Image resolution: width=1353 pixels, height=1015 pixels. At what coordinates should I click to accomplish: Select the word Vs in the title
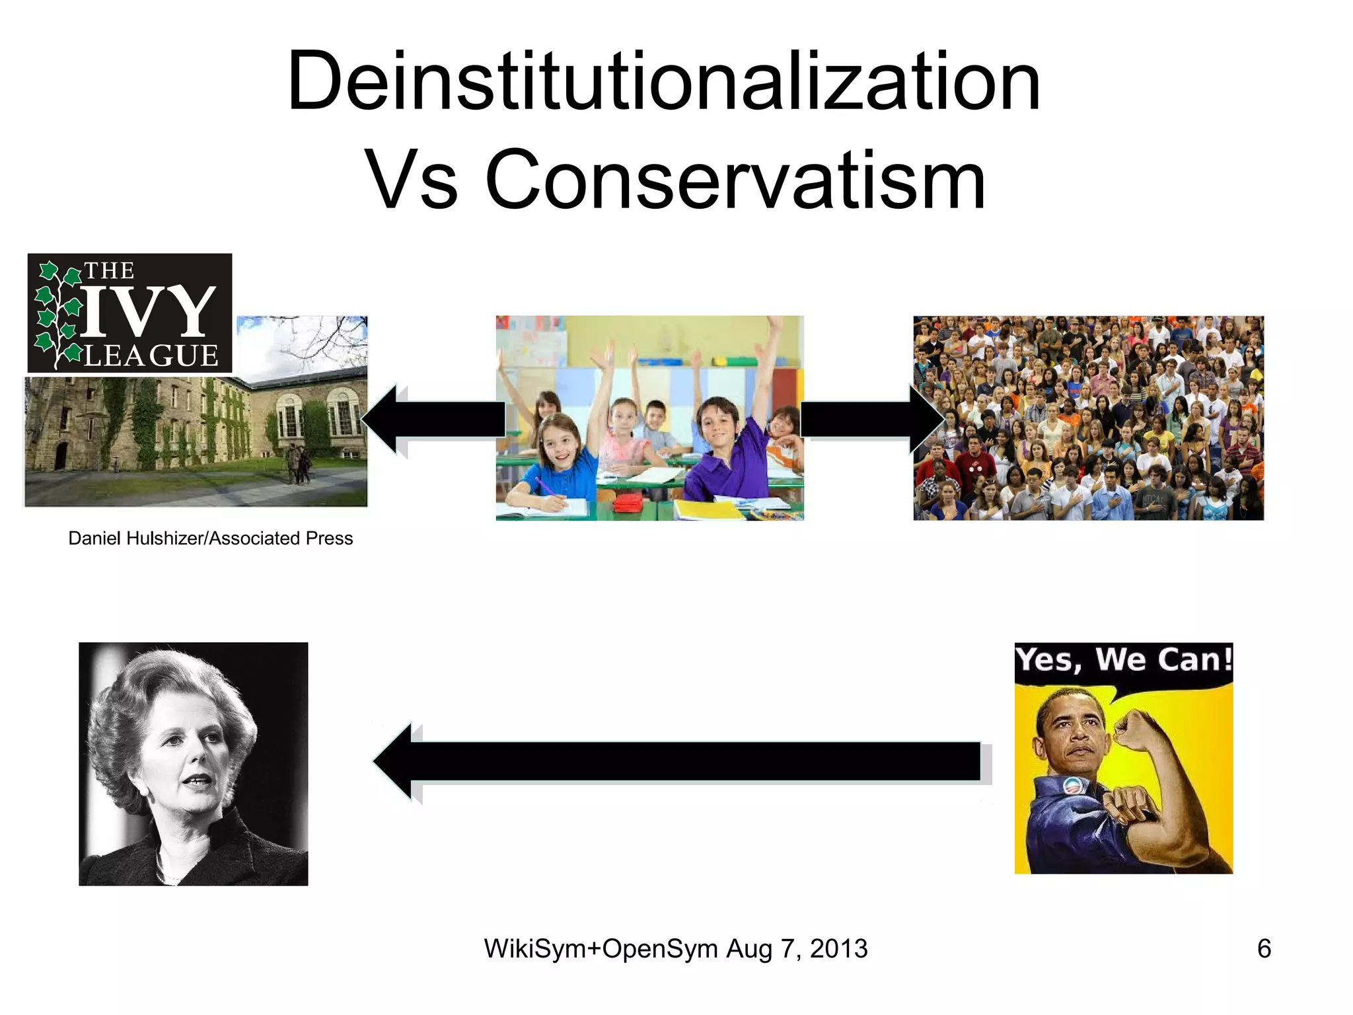(x=411, y=180)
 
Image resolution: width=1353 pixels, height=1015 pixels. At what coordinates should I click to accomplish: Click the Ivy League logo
(x=129, y=313)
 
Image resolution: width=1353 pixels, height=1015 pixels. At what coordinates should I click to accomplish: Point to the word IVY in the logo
(x=149, y=313)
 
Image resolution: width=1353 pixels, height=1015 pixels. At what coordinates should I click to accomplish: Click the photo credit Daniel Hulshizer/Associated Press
(x=210, y=539)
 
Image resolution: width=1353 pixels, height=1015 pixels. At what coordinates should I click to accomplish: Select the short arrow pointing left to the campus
(x=433, y=419)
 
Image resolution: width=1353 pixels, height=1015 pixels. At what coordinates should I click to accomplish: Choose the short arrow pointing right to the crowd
(x=871, y=419)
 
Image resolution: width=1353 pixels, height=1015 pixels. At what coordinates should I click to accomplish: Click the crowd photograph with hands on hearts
(x=1088, y=418)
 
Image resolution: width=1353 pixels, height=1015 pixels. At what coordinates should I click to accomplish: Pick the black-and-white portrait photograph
(x=193, y=763)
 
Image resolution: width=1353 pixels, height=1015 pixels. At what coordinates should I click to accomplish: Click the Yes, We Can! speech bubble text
(x=1123, y=660)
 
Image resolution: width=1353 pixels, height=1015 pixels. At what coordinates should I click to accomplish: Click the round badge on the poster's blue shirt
(x=1071, y=786)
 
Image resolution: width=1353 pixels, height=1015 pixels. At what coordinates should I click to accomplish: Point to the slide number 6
(x=1264, y=949)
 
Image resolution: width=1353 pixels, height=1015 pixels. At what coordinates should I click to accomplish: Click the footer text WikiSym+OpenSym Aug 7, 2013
(x=675, y=949)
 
